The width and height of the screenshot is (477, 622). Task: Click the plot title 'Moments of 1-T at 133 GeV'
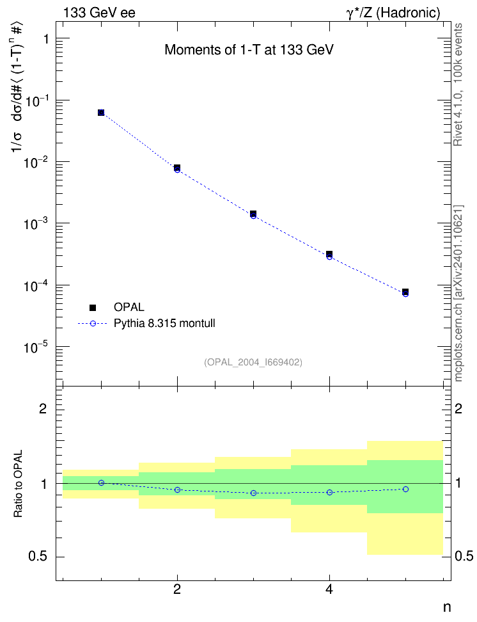tap(249, 50)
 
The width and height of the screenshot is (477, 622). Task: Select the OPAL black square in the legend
tap(93, 307)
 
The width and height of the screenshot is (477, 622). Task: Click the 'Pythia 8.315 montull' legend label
tap(164, 323)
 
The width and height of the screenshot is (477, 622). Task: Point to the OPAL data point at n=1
tap(101, 113)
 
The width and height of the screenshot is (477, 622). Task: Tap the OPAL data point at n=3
tap(253, 214)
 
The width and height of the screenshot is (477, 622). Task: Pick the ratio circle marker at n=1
tap(101, 482)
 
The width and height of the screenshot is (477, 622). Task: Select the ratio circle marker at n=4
tap(329, 492)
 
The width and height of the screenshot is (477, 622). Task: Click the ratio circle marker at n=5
tap(405, 489)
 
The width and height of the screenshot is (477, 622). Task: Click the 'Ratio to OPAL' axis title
tap(18, 484)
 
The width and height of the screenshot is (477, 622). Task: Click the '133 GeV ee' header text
tap(100, 13)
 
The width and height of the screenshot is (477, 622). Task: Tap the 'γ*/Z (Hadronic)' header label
tap(393, 13)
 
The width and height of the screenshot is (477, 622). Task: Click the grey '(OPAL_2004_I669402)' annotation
tap(253, 362)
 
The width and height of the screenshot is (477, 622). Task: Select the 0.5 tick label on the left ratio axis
tap(38, 557)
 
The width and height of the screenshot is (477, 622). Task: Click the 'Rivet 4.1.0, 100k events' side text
tap(458, 84)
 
